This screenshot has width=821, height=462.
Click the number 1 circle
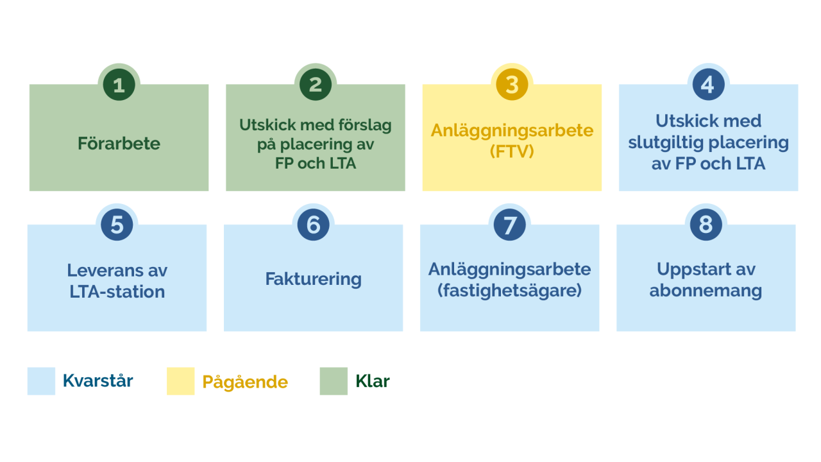point(119,85)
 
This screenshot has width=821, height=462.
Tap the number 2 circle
point(316,85)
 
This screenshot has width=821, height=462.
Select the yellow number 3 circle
point(512,85)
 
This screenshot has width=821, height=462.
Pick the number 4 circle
point(708,85)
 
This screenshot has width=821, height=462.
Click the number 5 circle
point(117,225)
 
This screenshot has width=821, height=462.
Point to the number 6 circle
point(313,225)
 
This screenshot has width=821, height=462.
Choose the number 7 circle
point(510,225)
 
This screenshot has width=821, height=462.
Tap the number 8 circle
point(706,225)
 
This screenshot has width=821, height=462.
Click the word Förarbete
point(119,143)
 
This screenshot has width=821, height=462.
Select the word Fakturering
point(313,279)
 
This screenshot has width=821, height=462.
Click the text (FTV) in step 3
point(512,152)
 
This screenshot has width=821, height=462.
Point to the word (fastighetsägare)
point(509,290)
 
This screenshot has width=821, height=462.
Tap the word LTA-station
point(117,291)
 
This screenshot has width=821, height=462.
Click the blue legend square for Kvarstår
point(41,381)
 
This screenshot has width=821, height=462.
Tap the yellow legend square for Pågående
point(180,381)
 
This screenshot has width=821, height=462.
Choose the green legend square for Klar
point(334,381)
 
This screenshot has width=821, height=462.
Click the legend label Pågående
point(245,382)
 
